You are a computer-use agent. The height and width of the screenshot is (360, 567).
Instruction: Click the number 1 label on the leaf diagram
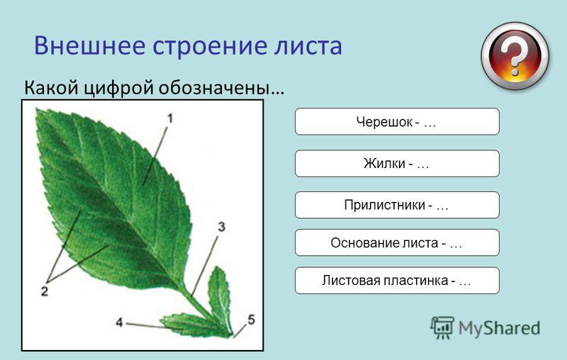pos(169,118)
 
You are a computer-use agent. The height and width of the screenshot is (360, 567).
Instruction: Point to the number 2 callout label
pos(44,291)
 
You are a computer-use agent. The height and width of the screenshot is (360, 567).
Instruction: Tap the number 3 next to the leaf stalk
pos(221,227)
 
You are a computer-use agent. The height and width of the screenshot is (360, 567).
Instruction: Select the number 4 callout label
pos(119,322)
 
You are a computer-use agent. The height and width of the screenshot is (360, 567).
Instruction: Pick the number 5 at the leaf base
pos(251,320)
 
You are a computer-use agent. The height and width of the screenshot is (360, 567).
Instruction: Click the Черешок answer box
pos(397,121)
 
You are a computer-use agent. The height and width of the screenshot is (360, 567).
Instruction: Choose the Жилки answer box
pos(397,164)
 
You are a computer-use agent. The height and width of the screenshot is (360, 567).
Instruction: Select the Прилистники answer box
pos(397,205)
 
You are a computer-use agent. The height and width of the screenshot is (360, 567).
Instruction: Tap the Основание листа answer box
pos(397,242)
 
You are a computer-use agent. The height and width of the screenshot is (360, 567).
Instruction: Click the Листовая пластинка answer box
pos(397,281)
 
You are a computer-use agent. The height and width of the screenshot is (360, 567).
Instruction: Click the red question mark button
pos(515,57)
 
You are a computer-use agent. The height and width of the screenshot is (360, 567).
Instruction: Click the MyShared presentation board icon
pos(442,327)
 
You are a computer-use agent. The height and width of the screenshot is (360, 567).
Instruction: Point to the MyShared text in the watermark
pos(499,328)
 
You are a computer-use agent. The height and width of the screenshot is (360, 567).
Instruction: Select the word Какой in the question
pos(51,87)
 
